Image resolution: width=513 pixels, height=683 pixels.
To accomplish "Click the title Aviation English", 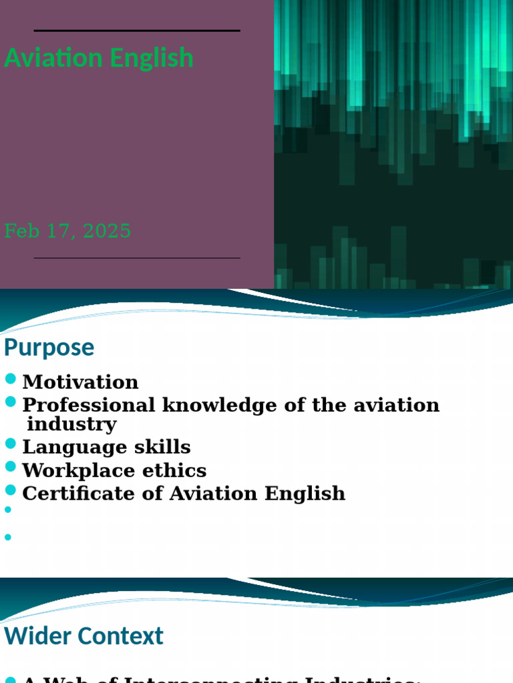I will (x=99, y=58).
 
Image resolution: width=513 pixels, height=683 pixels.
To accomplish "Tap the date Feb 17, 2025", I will (x=67, y=231).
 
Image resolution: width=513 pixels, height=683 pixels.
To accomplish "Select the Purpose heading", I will (x=49, y=348).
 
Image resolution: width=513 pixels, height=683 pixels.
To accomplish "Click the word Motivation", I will (x=80, y=382).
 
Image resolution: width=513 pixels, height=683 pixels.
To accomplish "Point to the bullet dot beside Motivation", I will (x=10, y=380).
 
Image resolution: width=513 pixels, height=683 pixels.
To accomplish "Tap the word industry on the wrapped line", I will (x=71, y=424).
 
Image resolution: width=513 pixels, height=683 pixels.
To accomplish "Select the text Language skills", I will (x=106, y=447).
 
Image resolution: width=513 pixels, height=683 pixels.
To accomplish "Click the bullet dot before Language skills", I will (x=10, y=444).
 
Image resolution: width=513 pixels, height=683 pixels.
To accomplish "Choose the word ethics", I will (x=177, y=470).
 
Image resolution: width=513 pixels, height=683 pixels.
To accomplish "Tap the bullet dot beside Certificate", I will (x=10, y=490).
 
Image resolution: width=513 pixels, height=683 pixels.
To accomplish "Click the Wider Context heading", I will (x=83, y=636).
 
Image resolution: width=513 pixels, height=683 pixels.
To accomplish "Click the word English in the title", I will (x=152, y=58).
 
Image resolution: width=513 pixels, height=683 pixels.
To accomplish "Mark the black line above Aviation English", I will (x=137, y=31).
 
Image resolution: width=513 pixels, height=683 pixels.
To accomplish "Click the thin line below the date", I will (x=137, y=258).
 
